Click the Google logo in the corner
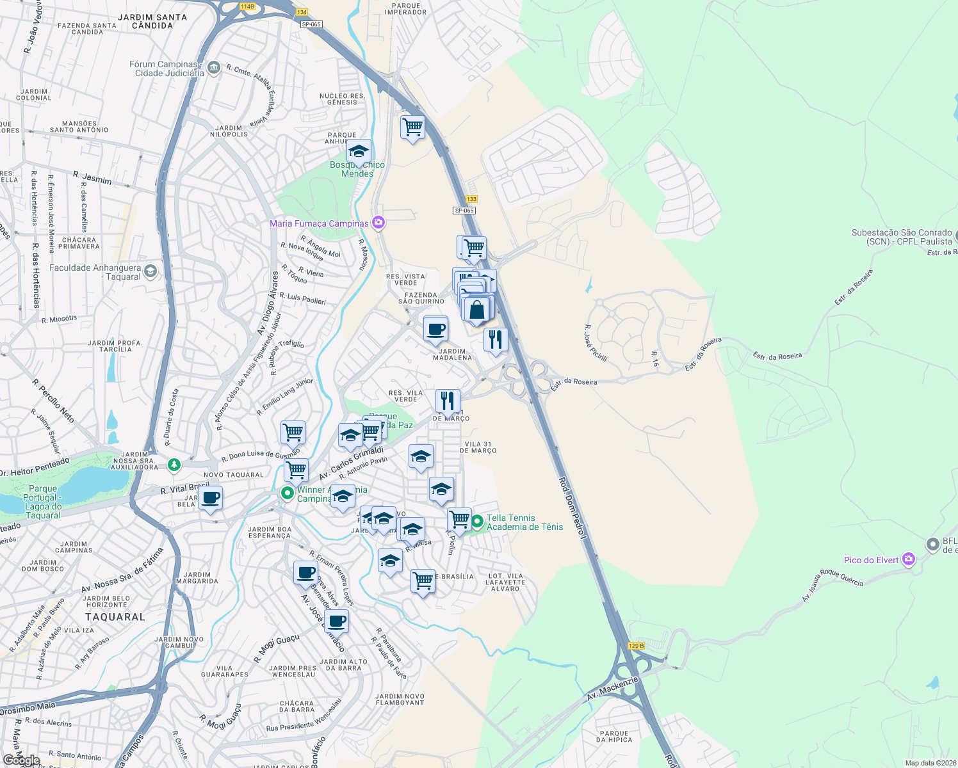pyautogui.click(x=21, y=760)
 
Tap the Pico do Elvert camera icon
pyautogui.click(x=908, y=560)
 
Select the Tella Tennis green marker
pyautogui.click(x=477, y=522)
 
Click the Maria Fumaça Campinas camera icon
pyautogui.click(x=378, y=223)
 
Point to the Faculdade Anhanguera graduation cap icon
pyautogui.click(x=150, y=271)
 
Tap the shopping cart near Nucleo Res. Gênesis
pyautogui.click(x=412, y=127)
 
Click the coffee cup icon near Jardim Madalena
pyautogui.click(x=436, y=330)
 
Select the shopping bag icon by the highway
pyautogui.click(x=477, y=310)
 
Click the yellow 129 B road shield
pyautogui.click(x=636, y=646)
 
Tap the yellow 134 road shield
pyautogui.click(x=302, y=12)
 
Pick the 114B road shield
pyautogui.click(x=247, y=6)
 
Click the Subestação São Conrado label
pyautogui.click(x=901, y=237)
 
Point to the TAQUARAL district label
pyautogui.click(x=115, y=617)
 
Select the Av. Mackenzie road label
pyautogui.click(x=613, y=688)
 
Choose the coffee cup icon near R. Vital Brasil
pyautogui.click(x=210, y=498)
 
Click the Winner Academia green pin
pyautogui.click(x=287, y=493)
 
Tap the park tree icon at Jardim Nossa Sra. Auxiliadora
pyautogui.click(x=174, y=464)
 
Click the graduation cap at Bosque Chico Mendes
pyautogui.click(x=359, y=152)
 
